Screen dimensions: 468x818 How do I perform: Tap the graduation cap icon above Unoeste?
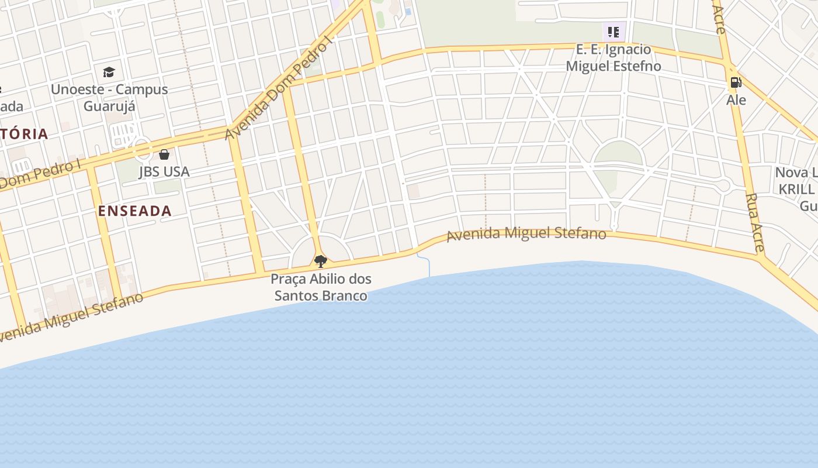[109, 73]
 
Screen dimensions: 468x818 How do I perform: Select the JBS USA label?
[164, 171]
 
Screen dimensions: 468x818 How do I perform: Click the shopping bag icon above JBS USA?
[164, 154]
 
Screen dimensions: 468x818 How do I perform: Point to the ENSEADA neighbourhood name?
[135, 211]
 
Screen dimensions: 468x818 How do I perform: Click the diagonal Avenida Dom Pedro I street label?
[278, 88]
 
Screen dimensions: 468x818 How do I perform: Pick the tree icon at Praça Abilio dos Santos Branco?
[320, 261]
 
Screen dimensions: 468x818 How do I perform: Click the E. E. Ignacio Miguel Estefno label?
[613, 57]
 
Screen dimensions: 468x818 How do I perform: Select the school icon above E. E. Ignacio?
[613, 32]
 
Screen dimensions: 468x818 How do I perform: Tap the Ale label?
[736, 100]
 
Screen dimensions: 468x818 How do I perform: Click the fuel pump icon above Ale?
[736, 82]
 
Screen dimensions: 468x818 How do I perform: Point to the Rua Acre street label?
[755, 223]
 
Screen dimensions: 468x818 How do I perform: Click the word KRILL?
[796, 190]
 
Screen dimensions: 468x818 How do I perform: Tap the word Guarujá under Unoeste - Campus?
[109, 106]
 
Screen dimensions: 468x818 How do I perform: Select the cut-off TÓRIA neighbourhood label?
[23, 134]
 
